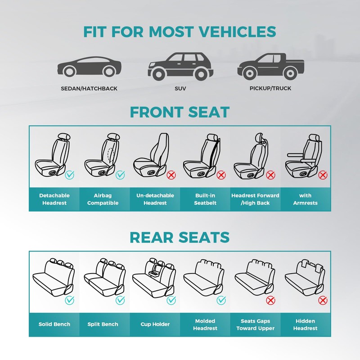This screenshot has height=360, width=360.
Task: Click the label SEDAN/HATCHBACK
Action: click(89, 89)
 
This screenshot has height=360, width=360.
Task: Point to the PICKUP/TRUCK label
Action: click(270, 89)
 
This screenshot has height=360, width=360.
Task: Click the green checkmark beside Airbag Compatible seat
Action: click(120, 175)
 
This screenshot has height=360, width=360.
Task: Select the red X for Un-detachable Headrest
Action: click(171, 175)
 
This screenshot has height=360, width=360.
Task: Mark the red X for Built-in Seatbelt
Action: click(221, 175)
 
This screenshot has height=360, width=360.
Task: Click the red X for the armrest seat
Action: click(322, 175)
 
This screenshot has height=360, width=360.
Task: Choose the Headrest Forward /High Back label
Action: click(255, 199)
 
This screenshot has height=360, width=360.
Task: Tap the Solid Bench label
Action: click(54, 324)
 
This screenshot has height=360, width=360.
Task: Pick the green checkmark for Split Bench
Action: click(120, 300)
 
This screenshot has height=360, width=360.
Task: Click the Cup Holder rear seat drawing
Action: click(153, 277)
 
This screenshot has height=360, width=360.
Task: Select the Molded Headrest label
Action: click(205, 324)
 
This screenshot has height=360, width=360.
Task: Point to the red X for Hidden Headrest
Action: click(322, 300)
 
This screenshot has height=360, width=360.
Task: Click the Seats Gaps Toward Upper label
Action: click(255, 324)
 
